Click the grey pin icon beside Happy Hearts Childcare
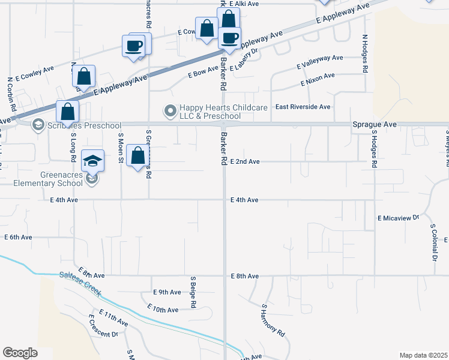(x=170, y=110)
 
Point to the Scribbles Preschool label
(x=77, y=125)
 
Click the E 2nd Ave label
(x=245, y=161)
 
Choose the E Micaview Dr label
(x=398, y=218)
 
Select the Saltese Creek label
(x=80, y=285)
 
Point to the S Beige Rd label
(x=194, y=292)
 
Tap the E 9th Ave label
(x=167, y=292)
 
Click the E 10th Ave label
(x=163, y=310)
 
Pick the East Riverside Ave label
(x=303, y=107)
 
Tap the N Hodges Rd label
(x=364, y=53)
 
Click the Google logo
(x=20, y=353)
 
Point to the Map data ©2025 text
(x=423, y=355)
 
